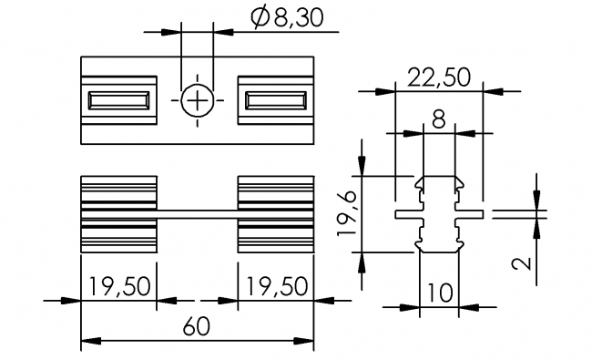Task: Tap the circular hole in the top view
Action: point(198,100)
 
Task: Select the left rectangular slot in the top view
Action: point(119,100)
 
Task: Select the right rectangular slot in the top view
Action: point(276,100)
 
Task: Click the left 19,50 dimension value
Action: point(119,286)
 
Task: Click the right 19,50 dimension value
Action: point(275,286)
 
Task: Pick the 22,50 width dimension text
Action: point(440,77)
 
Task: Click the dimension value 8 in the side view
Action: point(440,119)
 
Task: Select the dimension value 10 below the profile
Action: point(439,293)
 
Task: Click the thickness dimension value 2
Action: point(521,264)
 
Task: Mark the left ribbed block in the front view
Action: point(119,213)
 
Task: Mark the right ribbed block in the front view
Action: point(276,213)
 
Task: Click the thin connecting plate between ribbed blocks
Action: point(198,214)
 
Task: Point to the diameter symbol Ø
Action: point(258,18)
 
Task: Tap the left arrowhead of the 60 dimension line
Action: point(88,343)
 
